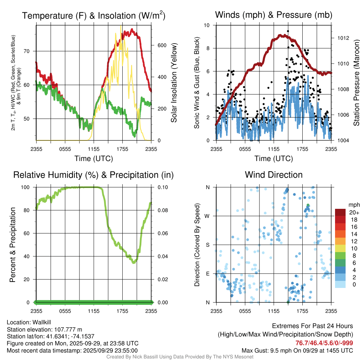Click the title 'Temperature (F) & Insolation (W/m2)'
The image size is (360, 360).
[x=94, y=16]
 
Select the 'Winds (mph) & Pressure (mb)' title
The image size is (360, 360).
[x=274, y=15]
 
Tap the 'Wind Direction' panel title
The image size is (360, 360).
[x=274, y=175]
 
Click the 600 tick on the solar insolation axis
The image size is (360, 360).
[x=162, y=45]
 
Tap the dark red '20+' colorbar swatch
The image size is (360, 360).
[x=340, y=212]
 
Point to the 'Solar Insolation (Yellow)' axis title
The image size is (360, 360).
[x=174, y=83]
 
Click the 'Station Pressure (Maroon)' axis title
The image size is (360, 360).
[x=356, y=83]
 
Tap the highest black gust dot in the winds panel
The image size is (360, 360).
[x=288, y=31]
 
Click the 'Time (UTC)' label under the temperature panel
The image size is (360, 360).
[x=94, y=159]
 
